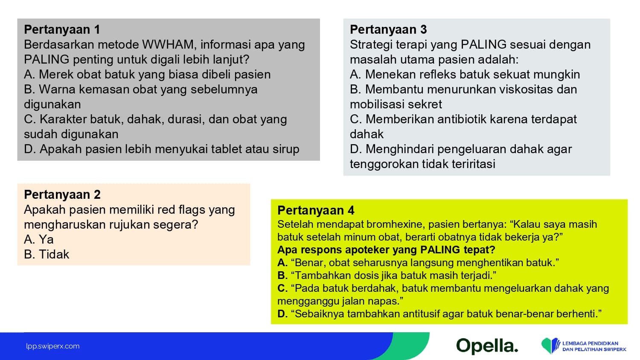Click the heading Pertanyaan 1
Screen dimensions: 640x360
62,29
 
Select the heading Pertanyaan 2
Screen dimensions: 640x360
62,195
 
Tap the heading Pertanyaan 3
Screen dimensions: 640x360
388,29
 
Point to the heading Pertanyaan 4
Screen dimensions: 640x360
316,210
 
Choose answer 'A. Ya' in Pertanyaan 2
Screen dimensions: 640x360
38,239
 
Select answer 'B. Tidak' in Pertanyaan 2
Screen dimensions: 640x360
47,254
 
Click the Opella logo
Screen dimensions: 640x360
487,346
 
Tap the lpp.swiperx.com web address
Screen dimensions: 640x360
53,346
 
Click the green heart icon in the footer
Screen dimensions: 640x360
547,346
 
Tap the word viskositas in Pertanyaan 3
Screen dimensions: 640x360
526,90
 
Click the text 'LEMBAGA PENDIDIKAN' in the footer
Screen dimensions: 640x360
590,343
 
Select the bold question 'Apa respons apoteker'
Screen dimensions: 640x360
386,250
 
